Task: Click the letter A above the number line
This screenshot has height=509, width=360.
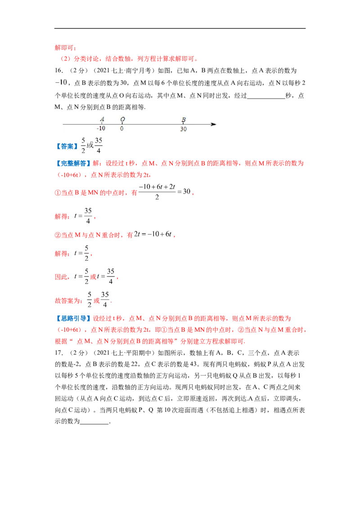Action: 102,119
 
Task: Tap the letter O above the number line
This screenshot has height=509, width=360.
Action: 122,119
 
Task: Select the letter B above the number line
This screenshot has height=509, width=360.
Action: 184,119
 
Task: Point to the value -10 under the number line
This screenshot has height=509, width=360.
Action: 101,129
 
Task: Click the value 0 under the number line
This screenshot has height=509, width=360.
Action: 121,129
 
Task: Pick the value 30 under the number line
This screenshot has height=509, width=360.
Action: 184,129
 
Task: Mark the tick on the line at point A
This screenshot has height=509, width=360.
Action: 102,124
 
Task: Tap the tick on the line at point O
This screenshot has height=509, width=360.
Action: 122,124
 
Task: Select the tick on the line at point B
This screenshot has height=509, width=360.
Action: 184,124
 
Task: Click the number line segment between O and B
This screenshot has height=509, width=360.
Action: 153,124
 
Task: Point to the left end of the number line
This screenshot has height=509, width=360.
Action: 63,124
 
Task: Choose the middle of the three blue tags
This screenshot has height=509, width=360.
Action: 72,164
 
